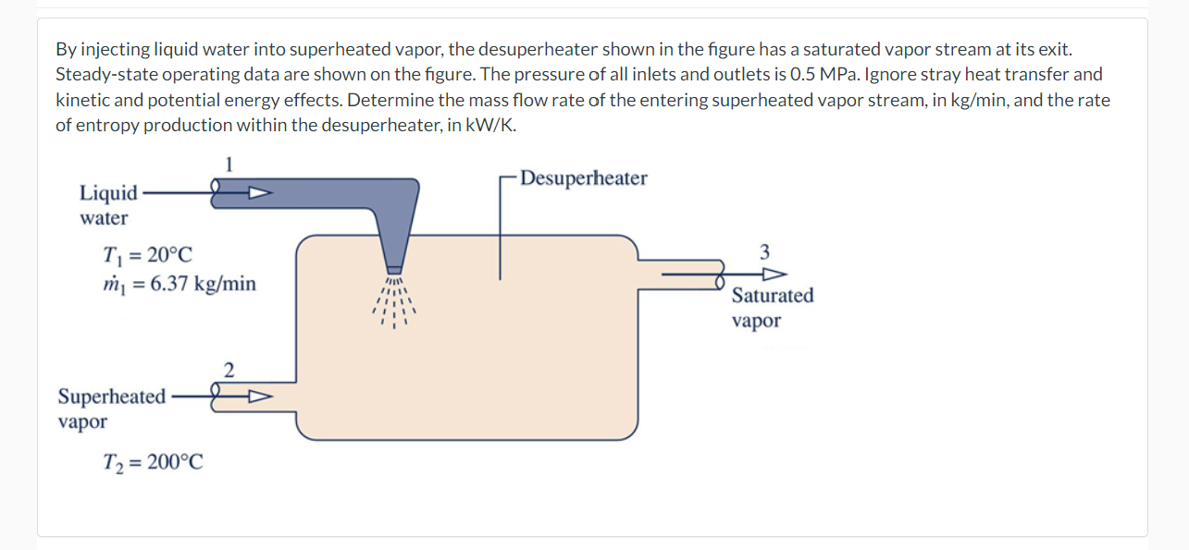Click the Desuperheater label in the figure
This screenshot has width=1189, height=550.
click(x=583, y=178)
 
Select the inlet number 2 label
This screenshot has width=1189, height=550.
click(x=229, y=371)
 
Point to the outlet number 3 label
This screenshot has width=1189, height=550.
click(x=763, y=251)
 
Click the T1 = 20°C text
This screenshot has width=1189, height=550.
click(x=149, y=254)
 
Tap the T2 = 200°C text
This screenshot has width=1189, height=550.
click(x=153, y=460)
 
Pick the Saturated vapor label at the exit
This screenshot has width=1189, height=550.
click(x=772, y=308)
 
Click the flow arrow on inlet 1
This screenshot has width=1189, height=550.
click(x=258, y=194)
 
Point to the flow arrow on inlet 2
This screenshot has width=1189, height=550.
click(x=258, y=397)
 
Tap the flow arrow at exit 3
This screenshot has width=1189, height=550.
click(x=774, y=275)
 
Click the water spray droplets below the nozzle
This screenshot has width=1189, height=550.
click(x=396, y=303)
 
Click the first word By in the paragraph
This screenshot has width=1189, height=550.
click(x=65, y=48)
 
